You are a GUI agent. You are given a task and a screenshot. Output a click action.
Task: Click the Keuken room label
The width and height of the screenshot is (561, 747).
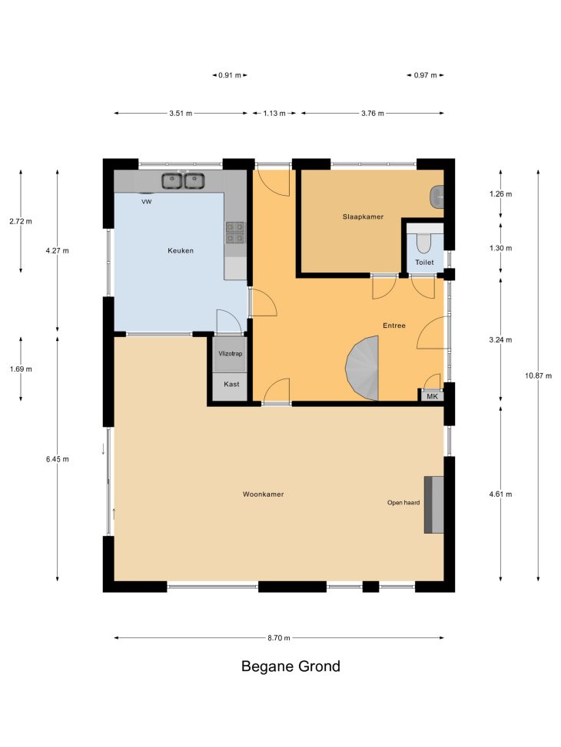click(181, 250)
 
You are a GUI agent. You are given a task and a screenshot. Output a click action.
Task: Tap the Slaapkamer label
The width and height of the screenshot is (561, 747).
click(363, 216)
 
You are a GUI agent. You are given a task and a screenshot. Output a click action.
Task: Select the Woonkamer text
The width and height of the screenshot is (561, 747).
click(264, 494)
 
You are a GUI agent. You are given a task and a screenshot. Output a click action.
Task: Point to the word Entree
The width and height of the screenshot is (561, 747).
click(394, 326)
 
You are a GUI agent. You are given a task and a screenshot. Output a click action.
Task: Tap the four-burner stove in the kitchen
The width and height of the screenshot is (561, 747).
click(235, 233)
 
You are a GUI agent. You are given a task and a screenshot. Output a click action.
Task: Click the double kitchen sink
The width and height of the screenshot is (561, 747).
click(183, 181)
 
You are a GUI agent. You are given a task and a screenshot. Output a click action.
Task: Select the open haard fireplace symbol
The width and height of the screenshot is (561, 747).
click(434, 504)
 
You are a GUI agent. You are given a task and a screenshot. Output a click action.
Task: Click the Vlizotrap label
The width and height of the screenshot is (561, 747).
click(231, 353)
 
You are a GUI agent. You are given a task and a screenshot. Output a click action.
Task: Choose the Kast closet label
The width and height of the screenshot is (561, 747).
click(231, 384)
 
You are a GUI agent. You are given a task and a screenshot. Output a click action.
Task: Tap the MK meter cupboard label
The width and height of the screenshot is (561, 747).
click(432, 396)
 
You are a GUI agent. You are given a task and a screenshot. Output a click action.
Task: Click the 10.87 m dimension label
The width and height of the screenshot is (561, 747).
click(539, 376)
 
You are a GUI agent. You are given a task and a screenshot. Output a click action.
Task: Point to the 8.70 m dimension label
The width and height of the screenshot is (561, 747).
click(279, 638)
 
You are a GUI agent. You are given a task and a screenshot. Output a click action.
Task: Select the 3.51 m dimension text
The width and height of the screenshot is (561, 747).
click(181, 114)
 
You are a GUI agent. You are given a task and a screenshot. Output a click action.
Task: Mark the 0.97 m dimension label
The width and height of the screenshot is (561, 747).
click(425, 75)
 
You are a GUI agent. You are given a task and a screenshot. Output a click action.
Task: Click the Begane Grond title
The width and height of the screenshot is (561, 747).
click(291, 666)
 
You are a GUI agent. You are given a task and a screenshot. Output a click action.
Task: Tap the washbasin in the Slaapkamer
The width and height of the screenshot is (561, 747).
click(437, 197)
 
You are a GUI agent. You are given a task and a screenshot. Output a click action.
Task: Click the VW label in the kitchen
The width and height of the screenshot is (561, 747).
click(147, 202)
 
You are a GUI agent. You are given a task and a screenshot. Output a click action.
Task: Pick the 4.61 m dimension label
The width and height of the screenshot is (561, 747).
click(500, 494)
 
